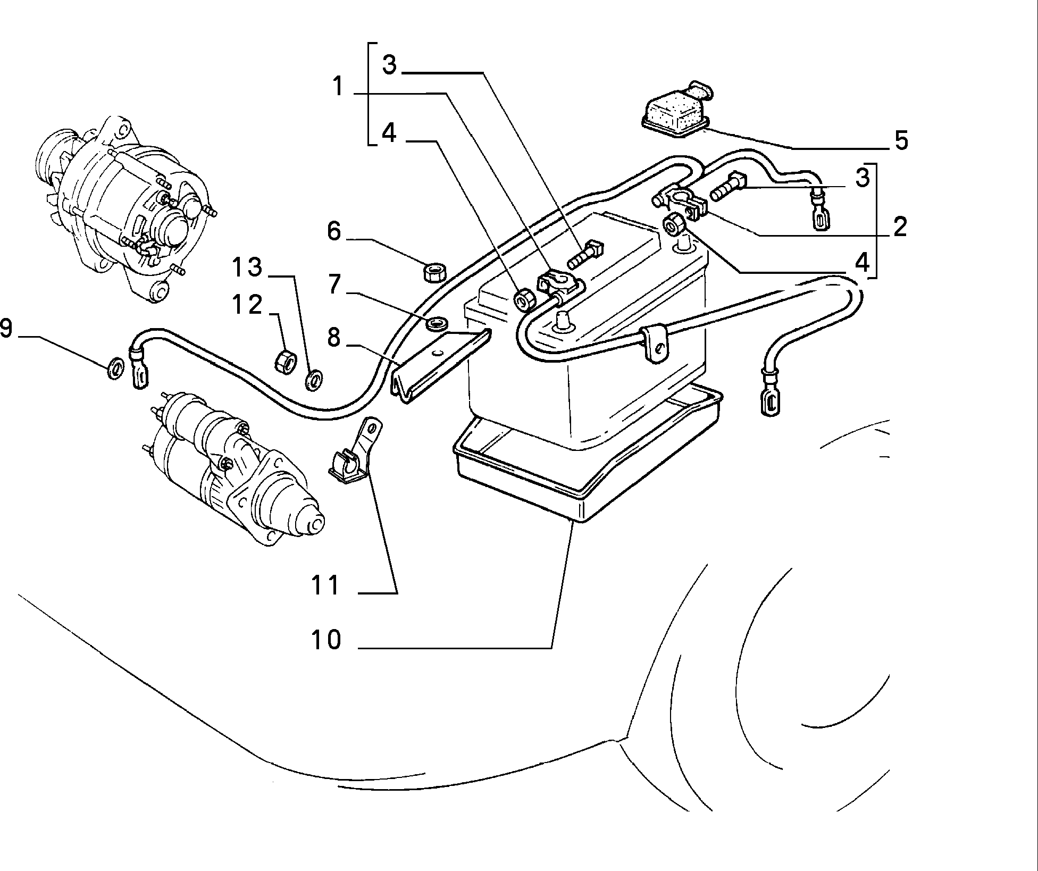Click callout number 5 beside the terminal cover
(x=901, y=140)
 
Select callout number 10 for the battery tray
(x=326, y=640)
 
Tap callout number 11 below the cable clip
(x=325, y=585)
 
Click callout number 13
(x=247, y=267)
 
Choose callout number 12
(x=247, y=304)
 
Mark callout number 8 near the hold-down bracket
(x=333, y=337)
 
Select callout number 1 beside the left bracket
(x=338, y=87)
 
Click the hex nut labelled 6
(x=434, y=273)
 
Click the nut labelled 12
(x=283, y=361)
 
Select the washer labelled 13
(x=315, y=378)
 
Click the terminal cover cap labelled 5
(x=676, y=112)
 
